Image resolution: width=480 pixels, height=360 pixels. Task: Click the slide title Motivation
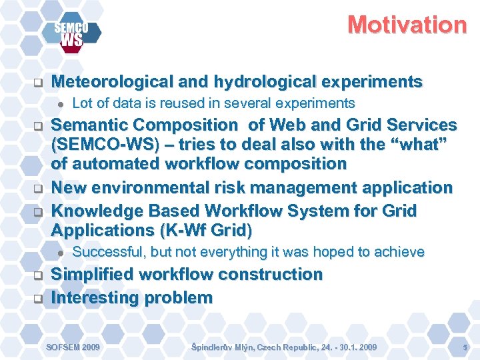pyautogui.click(x=407, y=25)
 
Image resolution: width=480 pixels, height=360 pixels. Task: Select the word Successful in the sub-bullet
pyautogui.click(x=108, y=252)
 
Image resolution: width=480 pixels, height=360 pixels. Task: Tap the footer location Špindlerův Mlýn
pyautogui.click(x=223, y=347)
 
